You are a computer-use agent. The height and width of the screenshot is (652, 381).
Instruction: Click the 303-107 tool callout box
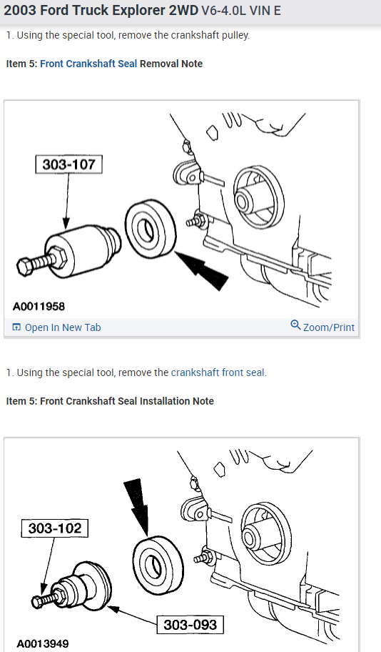[x=68, y=164]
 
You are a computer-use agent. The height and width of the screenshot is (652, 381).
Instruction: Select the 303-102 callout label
[x=55, y=528]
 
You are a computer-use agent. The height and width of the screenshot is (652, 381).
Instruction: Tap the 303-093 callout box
[x=190, y=625]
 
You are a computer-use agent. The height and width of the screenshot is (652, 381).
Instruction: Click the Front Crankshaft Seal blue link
[x=88, y=64]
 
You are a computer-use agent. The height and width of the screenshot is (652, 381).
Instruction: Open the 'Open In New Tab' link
[x=63, y=327]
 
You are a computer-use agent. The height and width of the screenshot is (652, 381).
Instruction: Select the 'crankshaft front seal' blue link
[x=218, y=372]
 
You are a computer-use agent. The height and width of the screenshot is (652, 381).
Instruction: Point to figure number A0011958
[x=39, y=307]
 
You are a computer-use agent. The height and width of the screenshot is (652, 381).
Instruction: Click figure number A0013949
[x=43, y=644]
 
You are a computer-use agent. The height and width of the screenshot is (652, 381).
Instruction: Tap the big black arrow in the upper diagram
[x=202, y=270]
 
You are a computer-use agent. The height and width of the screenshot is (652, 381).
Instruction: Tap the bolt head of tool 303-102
[x=37, y=601]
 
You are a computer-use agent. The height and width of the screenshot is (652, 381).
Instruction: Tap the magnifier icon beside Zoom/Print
[x=295, y=325]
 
